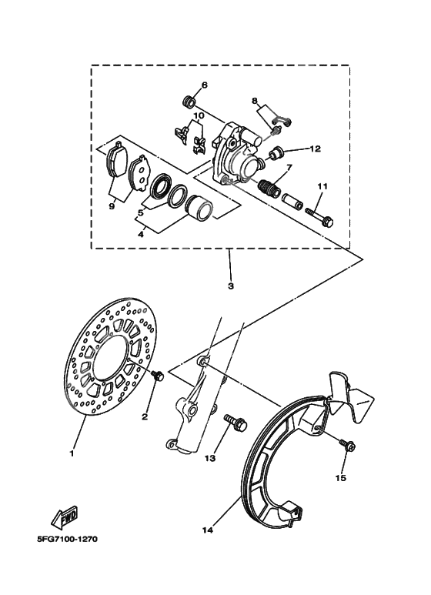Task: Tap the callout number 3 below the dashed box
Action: pyautogui.click(x=230, y=286)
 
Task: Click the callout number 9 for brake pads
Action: pyautogui.click(x=112, y=206)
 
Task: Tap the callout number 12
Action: pyautogui.click(x=315, y=147)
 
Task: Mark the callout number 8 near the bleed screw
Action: pyautogui.click(x=254, y=100)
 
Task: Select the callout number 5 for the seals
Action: pyautogui.click(x=139, y=212)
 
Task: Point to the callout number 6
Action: pyautogui.click(x=205, y=85)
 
